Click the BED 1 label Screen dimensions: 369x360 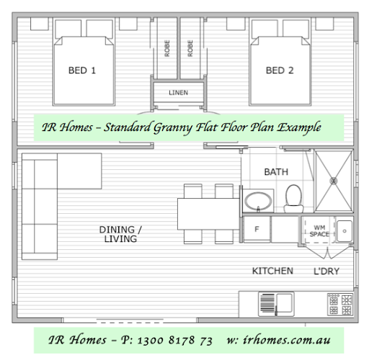(82, 71)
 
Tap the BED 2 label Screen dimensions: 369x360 (280, 71)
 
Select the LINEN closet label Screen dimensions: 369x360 (178, 93)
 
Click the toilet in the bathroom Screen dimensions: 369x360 (293, 199)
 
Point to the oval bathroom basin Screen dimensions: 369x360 (258, 201)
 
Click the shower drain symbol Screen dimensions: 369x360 (334, 181)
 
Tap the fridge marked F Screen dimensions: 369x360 (257, 229)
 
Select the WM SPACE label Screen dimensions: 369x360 (319, 230)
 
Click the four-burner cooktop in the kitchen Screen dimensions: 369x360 (340, 305)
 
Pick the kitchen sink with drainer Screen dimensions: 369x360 (276, 304)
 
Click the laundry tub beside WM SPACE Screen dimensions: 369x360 (344, 231)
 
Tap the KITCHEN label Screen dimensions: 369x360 (272, 271)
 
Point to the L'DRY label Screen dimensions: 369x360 (326, 271)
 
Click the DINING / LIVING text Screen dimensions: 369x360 (120, 234)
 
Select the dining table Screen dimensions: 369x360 (208, 214)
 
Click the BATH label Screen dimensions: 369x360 (276, 172)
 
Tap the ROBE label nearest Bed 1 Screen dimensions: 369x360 (167, 48)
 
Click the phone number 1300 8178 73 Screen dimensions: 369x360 (175, 340)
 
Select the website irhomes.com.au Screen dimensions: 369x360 (287, 340)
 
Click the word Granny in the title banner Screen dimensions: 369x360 (173, 127)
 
